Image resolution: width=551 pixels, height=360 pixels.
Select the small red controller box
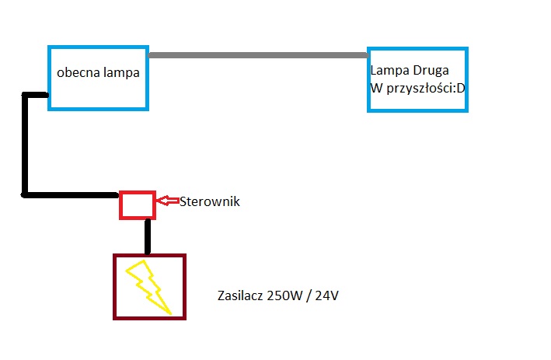coord(137,204)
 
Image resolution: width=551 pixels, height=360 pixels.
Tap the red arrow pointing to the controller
coord(166,201)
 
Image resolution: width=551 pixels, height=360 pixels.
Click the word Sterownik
coord(210,201)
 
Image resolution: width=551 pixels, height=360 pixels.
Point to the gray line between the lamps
coord(257,55)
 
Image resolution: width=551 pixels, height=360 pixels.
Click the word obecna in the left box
coord(75,73)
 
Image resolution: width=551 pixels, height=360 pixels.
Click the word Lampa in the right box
coord(387,72)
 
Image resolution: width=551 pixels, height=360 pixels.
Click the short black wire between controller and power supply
coord(148,236)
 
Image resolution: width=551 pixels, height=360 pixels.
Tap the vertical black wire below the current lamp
coord(26,144)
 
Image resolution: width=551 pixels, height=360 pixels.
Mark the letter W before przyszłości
coord(375,87)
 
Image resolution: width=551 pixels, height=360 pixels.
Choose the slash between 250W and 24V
coord(309,296)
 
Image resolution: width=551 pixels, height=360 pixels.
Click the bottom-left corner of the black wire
coord(26,193)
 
